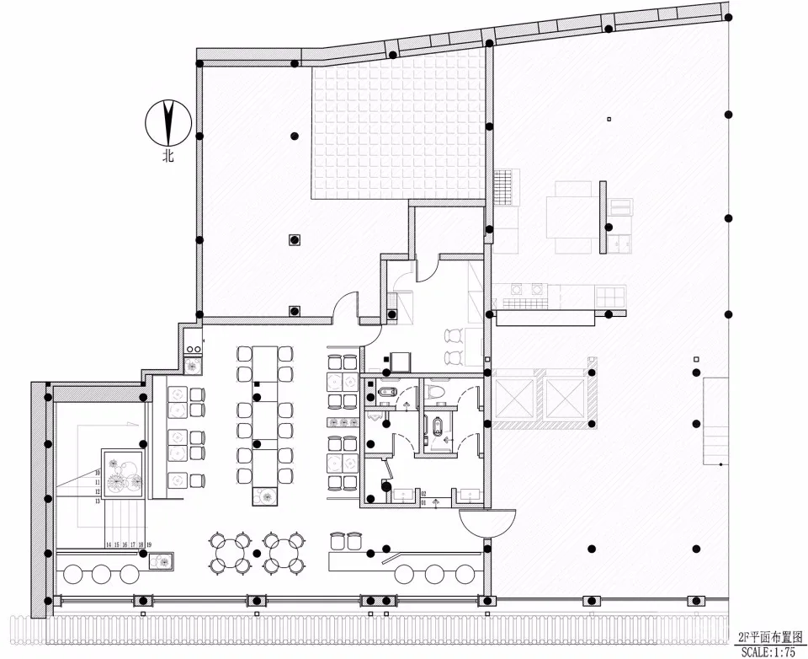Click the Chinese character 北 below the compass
pos(168,156)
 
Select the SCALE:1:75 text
pos(768,651)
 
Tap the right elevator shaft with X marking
pos(565,398)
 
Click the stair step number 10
pos(98,473)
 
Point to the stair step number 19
pos(149,545)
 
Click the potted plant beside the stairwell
pos(124,476)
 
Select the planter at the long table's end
pos(265,496)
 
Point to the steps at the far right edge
pos(715,421)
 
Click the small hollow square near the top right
pos(609,120)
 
